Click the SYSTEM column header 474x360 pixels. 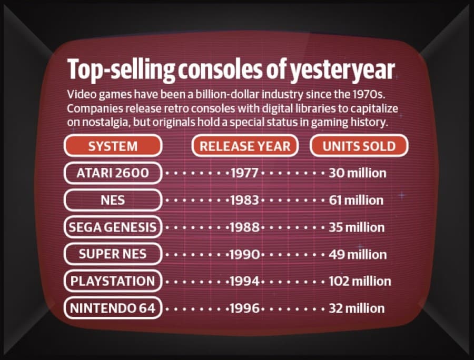(113, 146)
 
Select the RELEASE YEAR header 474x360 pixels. (245, 146)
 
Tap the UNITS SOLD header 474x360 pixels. (359, 146)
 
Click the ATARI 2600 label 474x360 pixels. (113, 173)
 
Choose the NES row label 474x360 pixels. (113, 200)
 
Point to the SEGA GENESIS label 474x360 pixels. (113, 227)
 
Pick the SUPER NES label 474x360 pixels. (113, 254)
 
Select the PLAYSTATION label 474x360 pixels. (113, 281)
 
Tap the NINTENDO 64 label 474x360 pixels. (113, 308)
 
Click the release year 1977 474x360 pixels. (244, 173)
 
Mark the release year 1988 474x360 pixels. (244, 227)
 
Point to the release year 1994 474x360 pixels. (244, 281)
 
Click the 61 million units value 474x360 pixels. (356, 200)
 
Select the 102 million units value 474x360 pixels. (360, 282)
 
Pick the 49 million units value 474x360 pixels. (358, 254)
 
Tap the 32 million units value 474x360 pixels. (357, 308)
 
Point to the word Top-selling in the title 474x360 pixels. (121, 70)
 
